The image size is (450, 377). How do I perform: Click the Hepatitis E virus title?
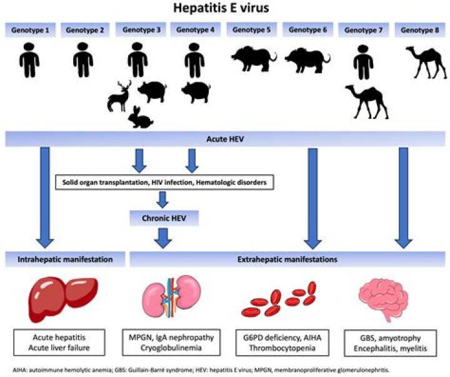tap(224, 9)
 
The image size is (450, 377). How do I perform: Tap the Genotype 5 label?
tap(250, 30)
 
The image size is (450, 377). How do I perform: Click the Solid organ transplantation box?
tap(166, 183)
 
